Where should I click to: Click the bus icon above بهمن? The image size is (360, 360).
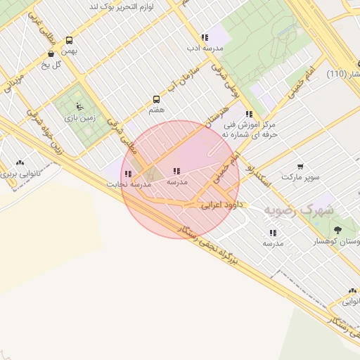69,41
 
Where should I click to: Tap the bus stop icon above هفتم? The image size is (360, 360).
156,100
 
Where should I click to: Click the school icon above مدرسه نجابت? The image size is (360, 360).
128,174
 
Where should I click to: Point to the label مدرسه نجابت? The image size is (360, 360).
129,184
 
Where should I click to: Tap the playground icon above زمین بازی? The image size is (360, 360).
79,108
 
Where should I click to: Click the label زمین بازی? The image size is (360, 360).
79,118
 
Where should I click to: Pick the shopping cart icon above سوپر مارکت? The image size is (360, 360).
300,167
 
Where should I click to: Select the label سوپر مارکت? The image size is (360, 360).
301,177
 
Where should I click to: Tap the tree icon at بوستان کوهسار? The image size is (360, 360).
337,230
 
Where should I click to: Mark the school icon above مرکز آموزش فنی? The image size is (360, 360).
249,113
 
